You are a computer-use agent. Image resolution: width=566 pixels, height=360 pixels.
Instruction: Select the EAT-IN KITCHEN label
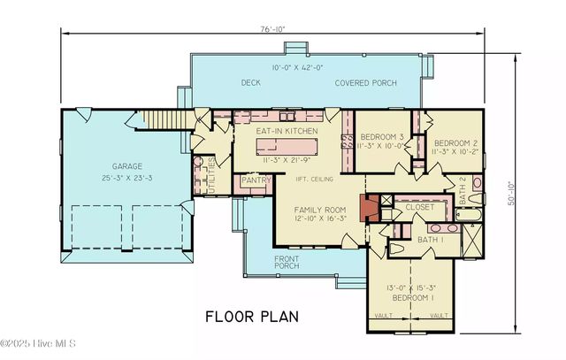pyautogui.click(x=287, y=131)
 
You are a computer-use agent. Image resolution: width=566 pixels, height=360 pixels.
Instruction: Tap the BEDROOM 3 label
pyautogui.click(x=382, y=136)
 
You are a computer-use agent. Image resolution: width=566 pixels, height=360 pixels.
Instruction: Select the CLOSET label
pyautogui.click(x=419, y=206)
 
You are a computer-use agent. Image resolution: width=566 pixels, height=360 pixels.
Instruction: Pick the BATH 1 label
pyautogui.click(x=431, y=240)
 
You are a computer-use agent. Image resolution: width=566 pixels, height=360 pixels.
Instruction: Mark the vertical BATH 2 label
pyautogui.click(x=463, y=192)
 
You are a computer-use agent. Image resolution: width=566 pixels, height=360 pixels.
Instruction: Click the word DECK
pyautogui.click(x=250, y=83)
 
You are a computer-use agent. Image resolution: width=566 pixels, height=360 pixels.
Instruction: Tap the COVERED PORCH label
pyautogui.click(x=365, y=83)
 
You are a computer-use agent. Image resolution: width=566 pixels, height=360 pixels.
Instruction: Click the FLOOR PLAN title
pyautogui.click(x=252, y=316)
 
